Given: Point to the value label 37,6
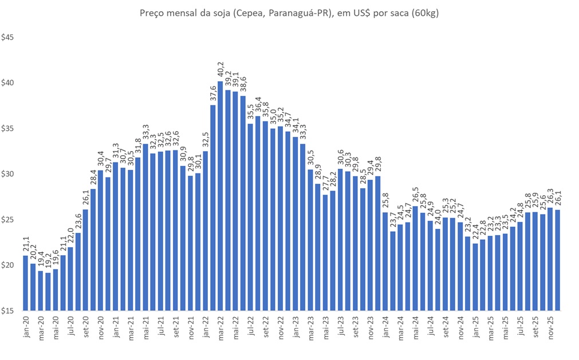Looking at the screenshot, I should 213,94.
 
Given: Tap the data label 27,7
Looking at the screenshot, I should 325,185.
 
